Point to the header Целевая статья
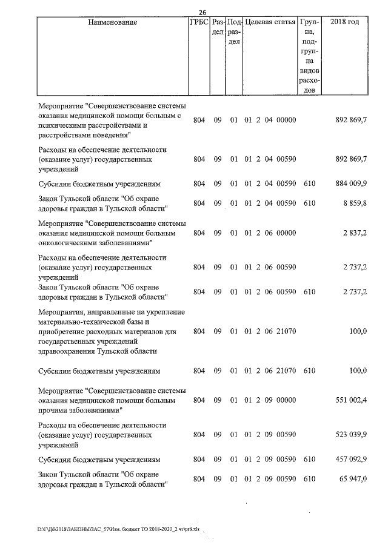[270, 22]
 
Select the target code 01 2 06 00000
[270, 233]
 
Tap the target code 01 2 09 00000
[270, 400]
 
